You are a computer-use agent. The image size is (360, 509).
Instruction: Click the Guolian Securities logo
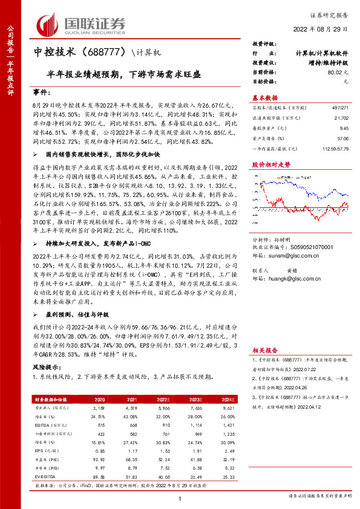(x=82, y=24)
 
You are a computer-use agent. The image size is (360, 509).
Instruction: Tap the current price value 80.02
(x=338, y=73)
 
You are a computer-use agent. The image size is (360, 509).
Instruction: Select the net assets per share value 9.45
(x=344, y=128)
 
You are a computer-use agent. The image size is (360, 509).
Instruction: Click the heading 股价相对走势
(x=267, y=164)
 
